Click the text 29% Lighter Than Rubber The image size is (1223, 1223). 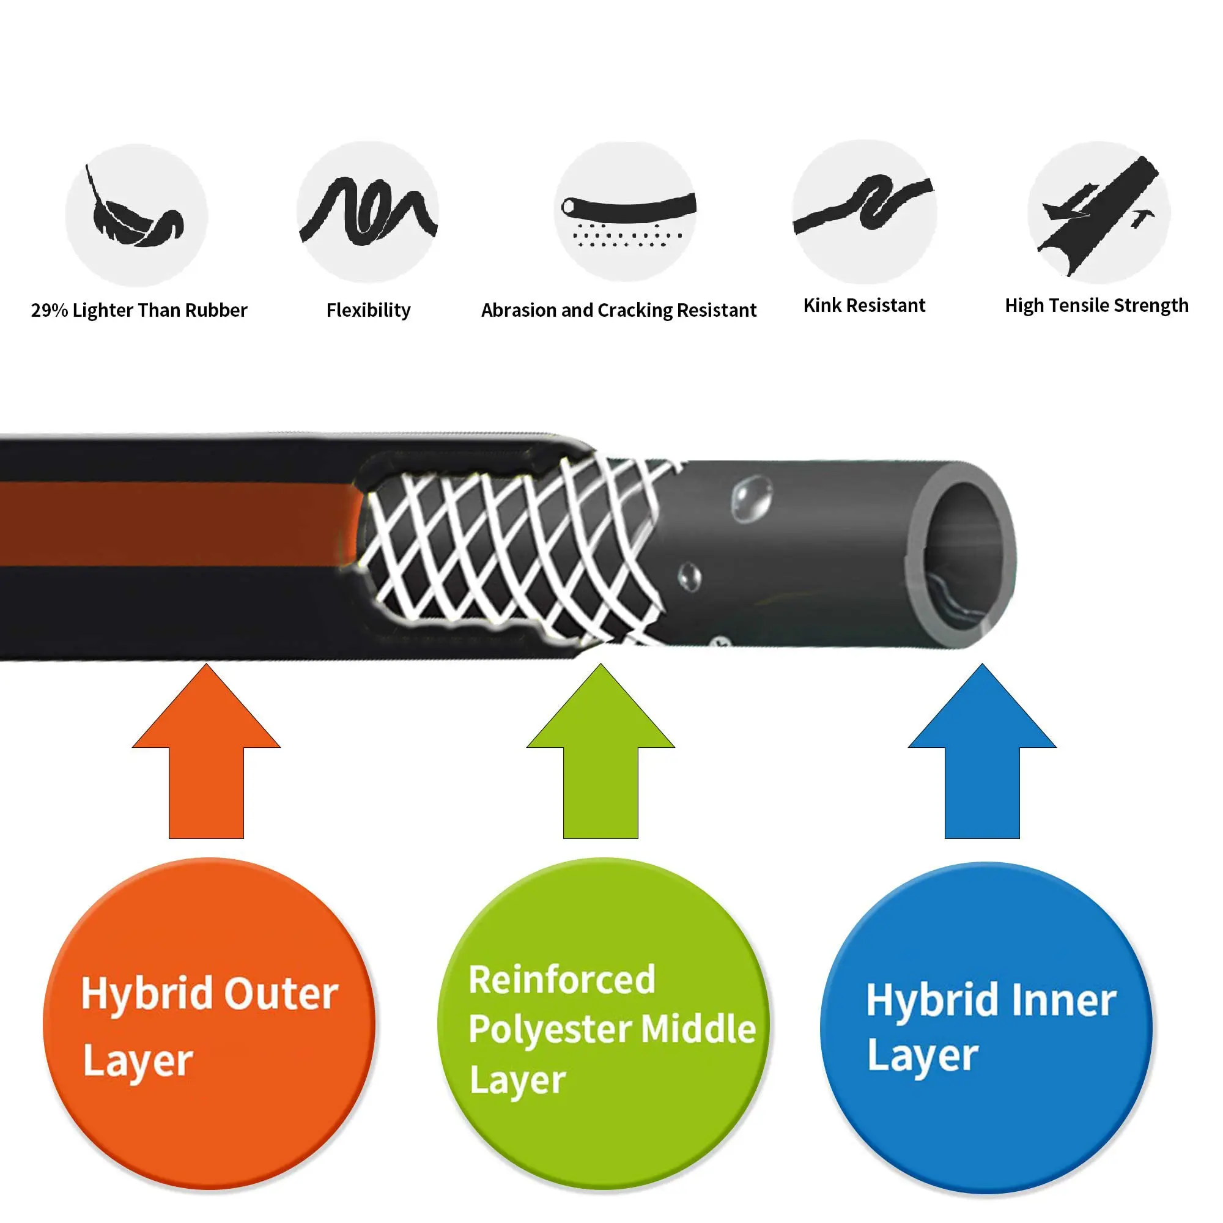tap(139, 310)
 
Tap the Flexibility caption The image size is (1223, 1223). tap(368, 310)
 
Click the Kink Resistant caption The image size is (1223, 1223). tap(864, 305)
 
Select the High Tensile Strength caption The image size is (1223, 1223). tap(1096, 305)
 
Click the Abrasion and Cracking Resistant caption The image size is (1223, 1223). tap(618, 310)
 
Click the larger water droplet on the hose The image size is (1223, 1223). tap(752, 498)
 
